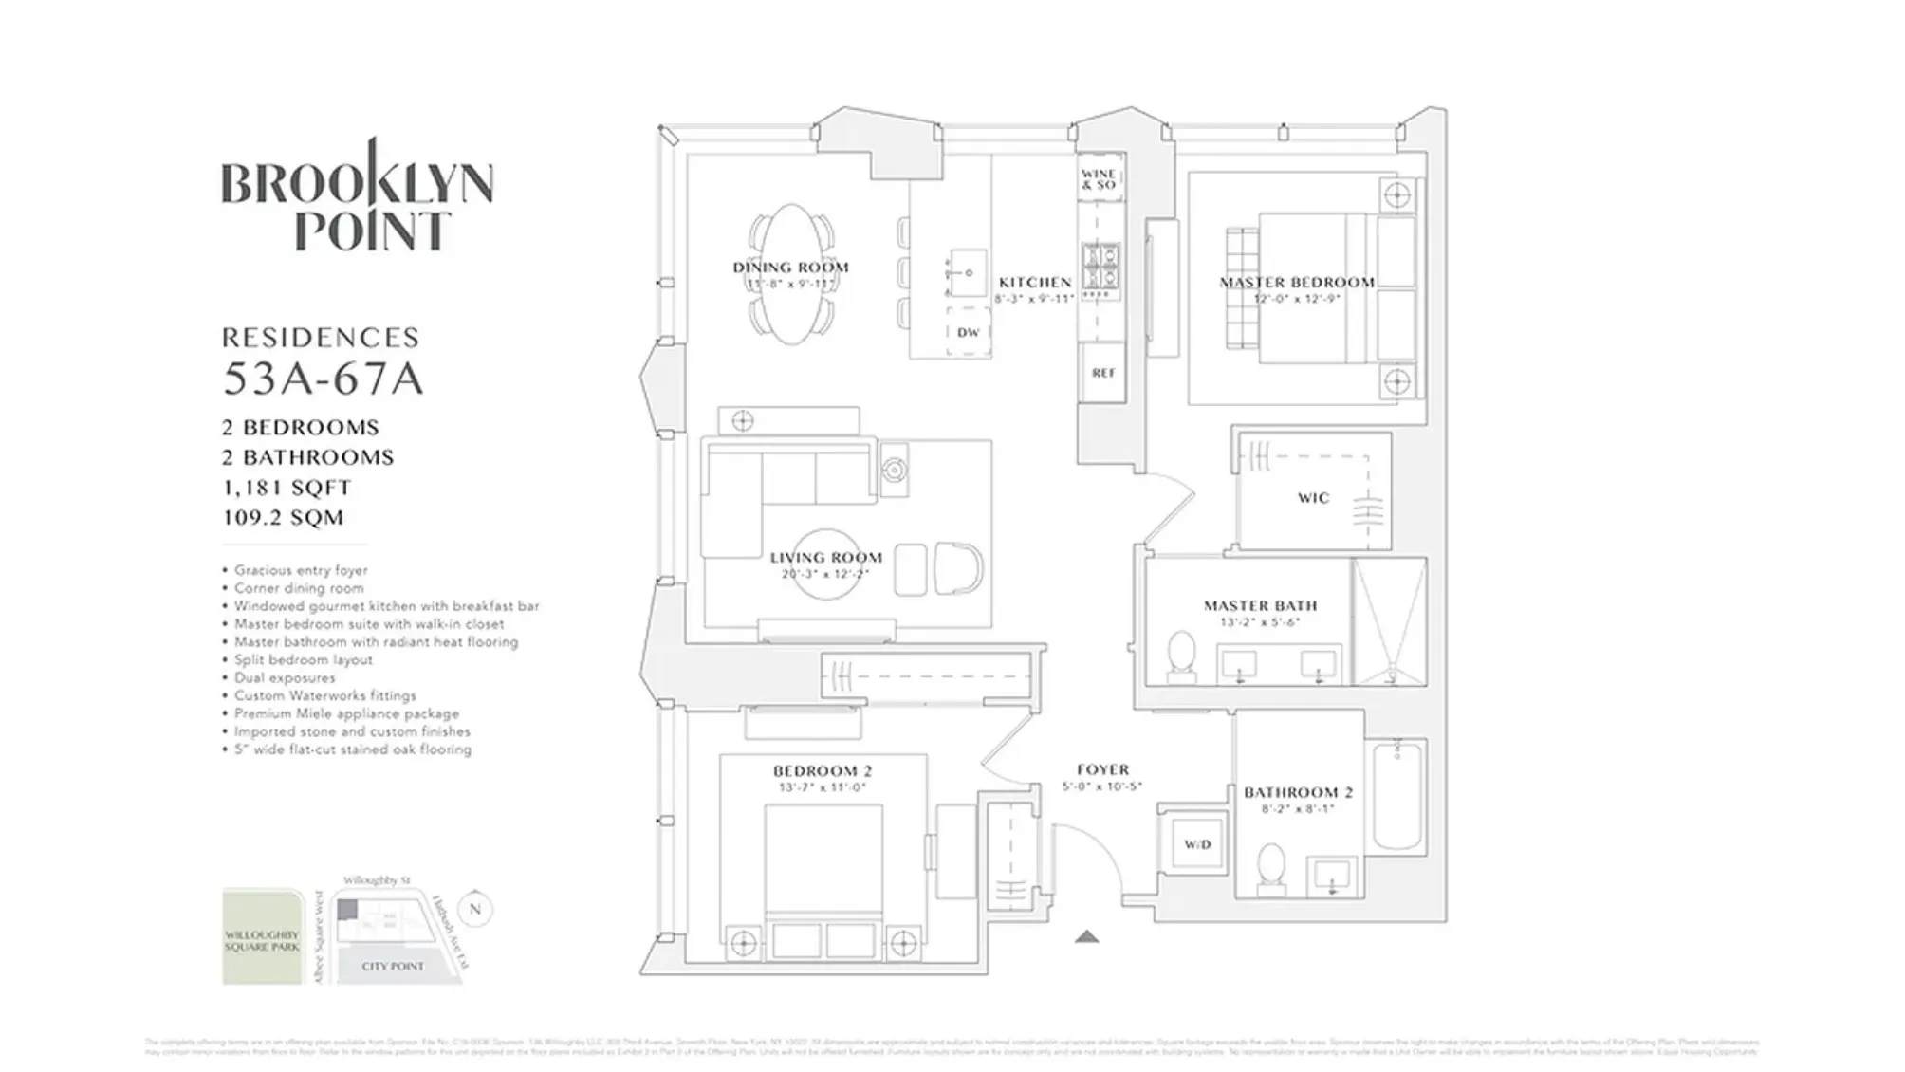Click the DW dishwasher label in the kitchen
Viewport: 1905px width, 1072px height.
pyautogui.click(x=968, y=333)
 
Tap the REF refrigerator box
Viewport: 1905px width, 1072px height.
pyautogui.click(x=1103, y=373)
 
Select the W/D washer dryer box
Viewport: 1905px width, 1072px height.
pyautogui.click(x=1197, y=844)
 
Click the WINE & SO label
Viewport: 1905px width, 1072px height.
pyautogui.click(x=1100, y=179)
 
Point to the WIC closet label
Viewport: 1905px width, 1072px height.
pyautogui.click(x=1314, y=498)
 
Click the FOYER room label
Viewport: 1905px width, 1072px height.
pyautogui.click(x=1102, y=769)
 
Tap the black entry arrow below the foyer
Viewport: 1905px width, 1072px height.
pyautogui.click(x=1087, y=937)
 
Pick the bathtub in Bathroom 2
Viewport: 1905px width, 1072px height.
pyautogui.click(x=1398, y=797)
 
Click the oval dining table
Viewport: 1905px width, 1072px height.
pyautogui.click(x=791, y=274)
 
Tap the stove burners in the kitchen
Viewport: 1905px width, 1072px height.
pyautogui.click(x=1101, y=267)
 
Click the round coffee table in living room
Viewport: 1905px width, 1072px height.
pyautogui.click(x=825, y=565)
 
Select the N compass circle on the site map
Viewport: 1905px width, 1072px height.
pyautogui.click(x=475, y=909)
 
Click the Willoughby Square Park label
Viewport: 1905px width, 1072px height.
pyautogui.click(x=261, y=941)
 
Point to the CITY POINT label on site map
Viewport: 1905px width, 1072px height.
pyautogui.click(x=393, y=966)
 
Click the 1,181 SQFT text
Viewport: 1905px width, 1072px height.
pyautogui.click(x=287, y=488)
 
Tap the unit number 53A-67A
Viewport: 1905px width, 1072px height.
pyautogui.click(x=323, y=379)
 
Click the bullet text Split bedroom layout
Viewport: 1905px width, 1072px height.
pyautogui.click(x=304, y=660)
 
